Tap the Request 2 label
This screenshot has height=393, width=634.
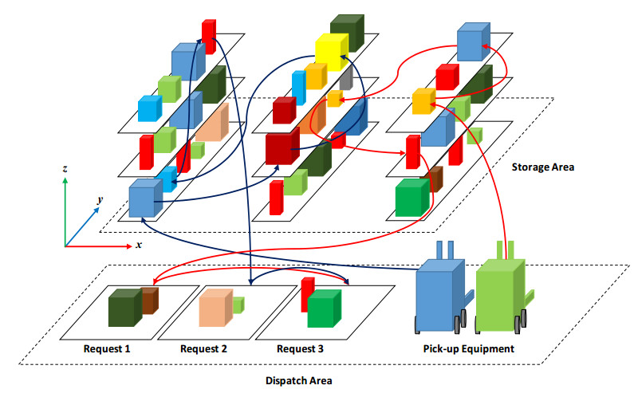[x=203, y=348]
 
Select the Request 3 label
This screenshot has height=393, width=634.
[x=301, y=348]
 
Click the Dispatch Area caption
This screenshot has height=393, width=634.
[x=298, y=380]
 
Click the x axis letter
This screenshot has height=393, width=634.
[x=139, y=244]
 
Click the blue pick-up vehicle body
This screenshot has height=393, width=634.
[x=439, y=295]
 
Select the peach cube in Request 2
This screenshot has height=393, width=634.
[x=214, y=307]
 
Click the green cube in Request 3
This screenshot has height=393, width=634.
[x=323, y=309]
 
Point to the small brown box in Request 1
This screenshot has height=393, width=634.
[x=150, y=300]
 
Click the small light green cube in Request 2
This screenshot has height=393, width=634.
[x=238, y=303]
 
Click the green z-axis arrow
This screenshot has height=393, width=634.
[x=65, y=207]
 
